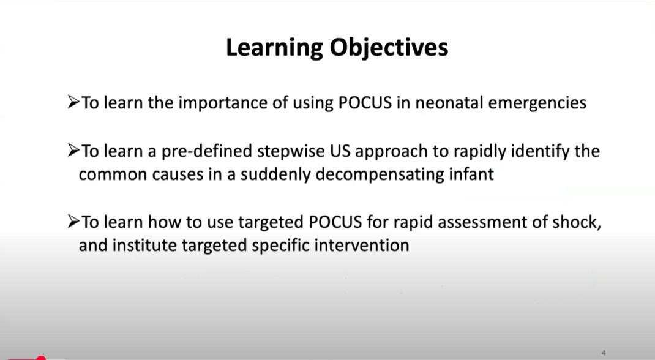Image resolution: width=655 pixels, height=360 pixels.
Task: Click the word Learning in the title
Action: (x=274, y=48)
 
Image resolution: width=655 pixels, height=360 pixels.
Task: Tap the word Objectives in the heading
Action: (x=389, y=48)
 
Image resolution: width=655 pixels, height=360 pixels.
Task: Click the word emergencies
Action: (x=537, y=103)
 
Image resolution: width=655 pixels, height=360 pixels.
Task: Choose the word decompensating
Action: (x=380, y=174)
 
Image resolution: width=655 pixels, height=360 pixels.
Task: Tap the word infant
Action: (x=471, y=174)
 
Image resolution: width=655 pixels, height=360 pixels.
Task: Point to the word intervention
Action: (x=361, y=245)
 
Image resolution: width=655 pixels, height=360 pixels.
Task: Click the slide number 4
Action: (x=604, y=353)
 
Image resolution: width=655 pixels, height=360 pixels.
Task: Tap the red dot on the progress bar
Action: (x=40, y=358)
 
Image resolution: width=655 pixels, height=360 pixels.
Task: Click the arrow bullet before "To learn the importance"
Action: (x=73, y=102)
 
